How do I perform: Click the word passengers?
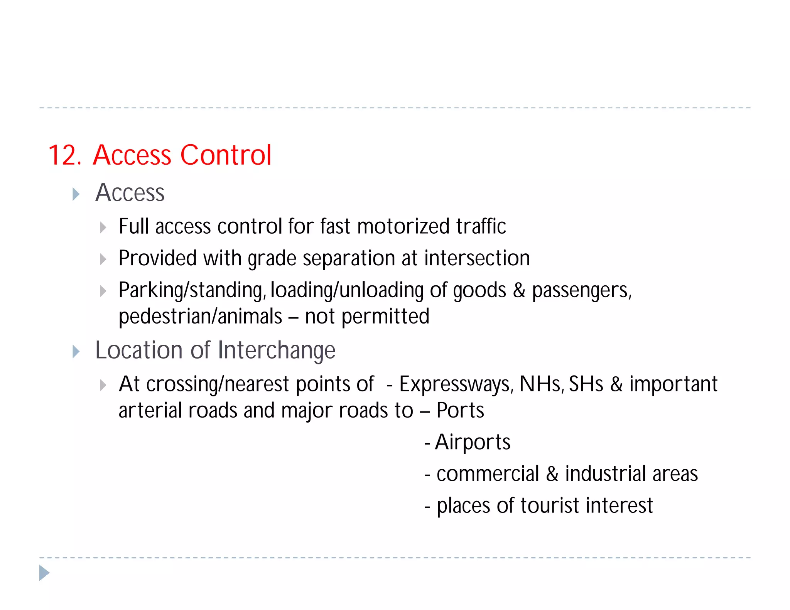[581, 290]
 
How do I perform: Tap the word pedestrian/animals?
[200, 317]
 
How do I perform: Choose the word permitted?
[385, 317]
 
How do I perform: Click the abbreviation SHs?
[586, 384]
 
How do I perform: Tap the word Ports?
[460, 410]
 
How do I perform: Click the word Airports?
[473, 442]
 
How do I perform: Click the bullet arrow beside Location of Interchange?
[76, 352]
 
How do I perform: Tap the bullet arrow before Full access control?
[103, 227]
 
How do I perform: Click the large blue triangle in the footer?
[44, 573]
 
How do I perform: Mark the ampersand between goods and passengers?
[519, 290]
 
